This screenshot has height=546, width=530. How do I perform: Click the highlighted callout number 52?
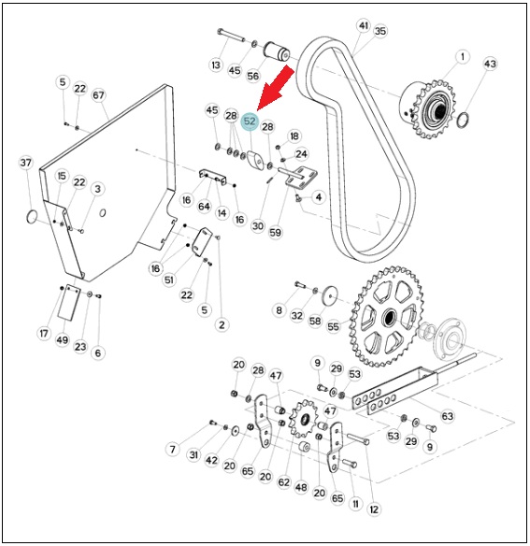pos(250,122)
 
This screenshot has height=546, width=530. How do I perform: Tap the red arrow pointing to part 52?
pos(277,88)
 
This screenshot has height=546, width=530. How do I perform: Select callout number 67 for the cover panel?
pos(98,95)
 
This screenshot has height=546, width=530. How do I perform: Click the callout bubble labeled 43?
pos(490,65)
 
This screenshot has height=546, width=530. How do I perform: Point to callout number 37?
pos(26,163)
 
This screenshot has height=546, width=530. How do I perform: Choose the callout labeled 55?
pos(333,326)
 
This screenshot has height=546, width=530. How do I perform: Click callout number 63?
pos(448,416)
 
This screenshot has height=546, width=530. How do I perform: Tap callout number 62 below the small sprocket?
pos(284,482)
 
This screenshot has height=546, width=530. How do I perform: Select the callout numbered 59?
pos(275,232)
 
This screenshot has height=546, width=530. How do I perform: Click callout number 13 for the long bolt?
pos(216,65)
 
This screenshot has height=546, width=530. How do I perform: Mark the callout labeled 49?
pos(63,340)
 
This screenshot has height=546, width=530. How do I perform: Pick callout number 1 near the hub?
pos(463,56)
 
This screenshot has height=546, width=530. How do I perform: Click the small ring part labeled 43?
pos(463,120)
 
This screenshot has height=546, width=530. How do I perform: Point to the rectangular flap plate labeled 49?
pos(68,303)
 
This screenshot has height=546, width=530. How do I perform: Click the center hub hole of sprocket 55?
pos(389,317)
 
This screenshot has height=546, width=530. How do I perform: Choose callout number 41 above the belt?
pos(364,26)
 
